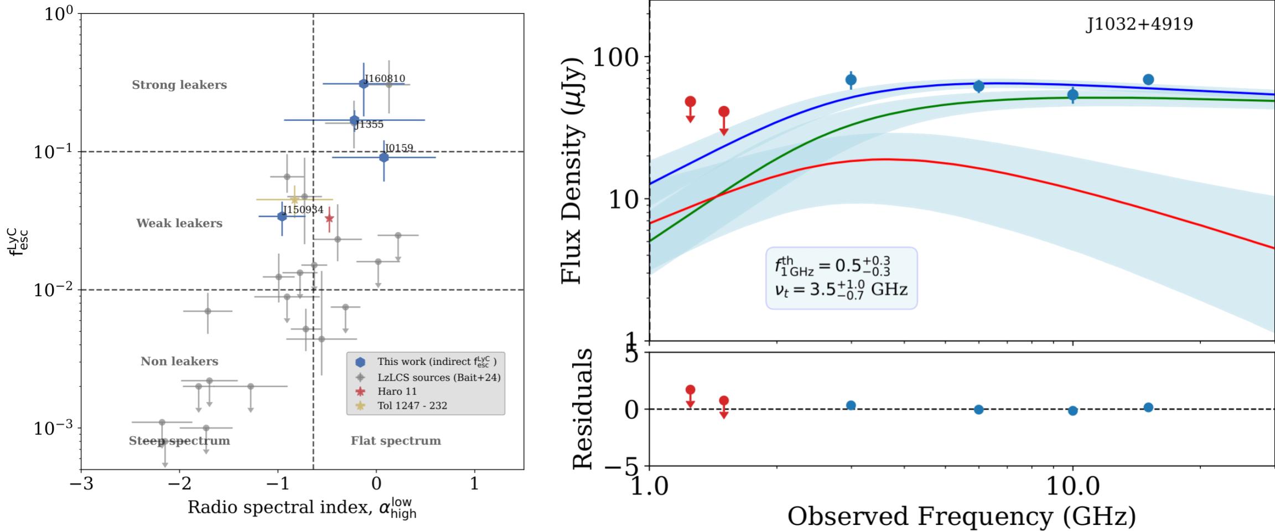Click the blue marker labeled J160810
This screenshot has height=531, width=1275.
[x=364, y=84]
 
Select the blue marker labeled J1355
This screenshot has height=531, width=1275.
[x=354, y=120]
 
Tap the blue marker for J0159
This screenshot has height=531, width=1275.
[x=383, y=158]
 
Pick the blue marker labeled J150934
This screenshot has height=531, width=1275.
[x=282, y=216]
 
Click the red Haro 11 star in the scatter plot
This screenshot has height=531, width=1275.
[x=329, y=218]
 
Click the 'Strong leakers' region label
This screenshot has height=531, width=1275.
[x=179, y=85]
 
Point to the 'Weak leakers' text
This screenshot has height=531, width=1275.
[x=179, y=224]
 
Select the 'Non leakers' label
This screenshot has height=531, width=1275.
[x=179, y=362]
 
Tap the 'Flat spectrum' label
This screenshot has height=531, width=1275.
[x=396, y=441]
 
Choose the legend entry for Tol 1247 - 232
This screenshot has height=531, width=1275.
[x=412, y=406]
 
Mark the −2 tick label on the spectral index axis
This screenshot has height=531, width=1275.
[x=179, y=483]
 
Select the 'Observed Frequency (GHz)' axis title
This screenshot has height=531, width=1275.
[x=961, y=516]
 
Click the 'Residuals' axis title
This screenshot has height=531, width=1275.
[x=582, y=409]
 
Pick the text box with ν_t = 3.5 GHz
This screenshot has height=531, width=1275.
[x=841, y=278]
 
